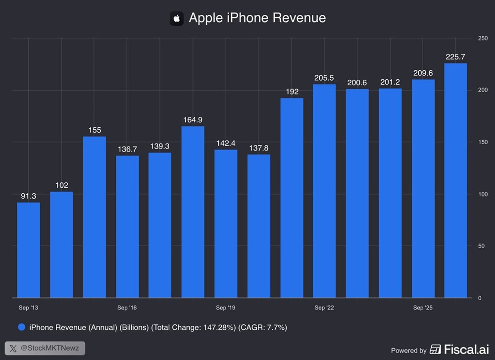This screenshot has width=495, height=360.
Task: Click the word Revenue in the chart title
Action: pyautogui.click(x=299, y=18)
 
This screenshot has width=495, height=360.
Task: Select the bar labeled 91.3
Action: pyautogui.click(x=28, y=250)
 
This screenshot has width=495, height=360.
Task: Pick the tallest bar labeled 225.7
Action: pyautogui.click(x=455, y=181)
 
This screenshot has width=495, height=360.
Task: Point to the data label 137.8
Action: pyautogui.click(x=258, y=147)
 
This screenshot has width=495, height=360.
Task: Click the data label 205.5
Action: pyautogui.click(x=324, y=78)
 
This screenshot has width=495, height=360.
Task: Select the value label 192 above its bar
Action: pyautogui.click(x=292, y=92)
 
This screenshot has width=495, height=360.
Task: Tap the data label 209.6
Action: pyautogui.click(x=423, y=73)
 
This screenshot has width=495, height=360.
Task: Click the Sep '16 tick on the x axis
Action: pyautogui.click(x=127, y=308)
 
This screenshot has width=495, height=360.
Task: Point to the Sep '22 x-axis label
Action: pyautogui.click(x=324, y=308)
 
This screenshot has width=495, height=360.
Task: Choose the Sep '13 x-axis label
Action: pyautogui.click(x=28, y=308)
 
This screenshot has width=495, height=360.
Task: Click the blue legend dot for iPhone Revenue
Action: pyautogui.click(x=22, y=327)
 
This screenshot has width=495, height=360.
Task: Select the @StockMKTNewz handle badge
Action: pyautogui.click(x=45, y=348)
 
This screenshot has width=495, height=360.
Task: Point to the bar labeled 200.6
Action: pyautogui.click(x=357, y=193)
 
